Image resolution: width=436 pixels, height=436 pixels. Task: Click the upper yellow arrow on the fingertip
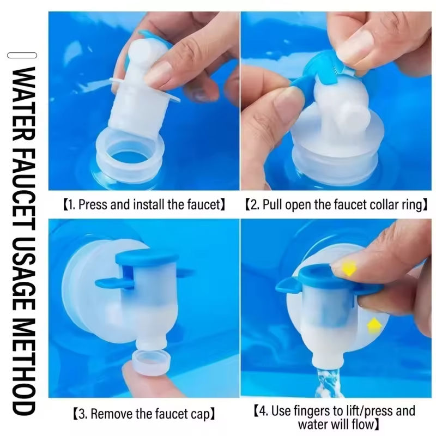pos(349,268)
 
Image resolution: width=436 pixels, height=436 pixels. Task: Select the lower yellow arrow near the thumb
pos(374,326)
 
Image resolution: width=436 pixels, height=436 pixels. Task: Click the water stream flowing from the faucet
pos(328,383)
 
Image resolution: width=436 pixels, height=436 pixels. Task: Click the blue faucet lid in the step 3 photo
pos(146,257)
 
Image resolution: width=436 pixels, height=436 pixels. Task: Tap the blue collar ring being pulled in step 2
pos(320,73)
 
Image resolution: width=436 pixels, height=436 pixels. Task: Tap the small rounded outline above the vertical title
pos(22,56)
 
